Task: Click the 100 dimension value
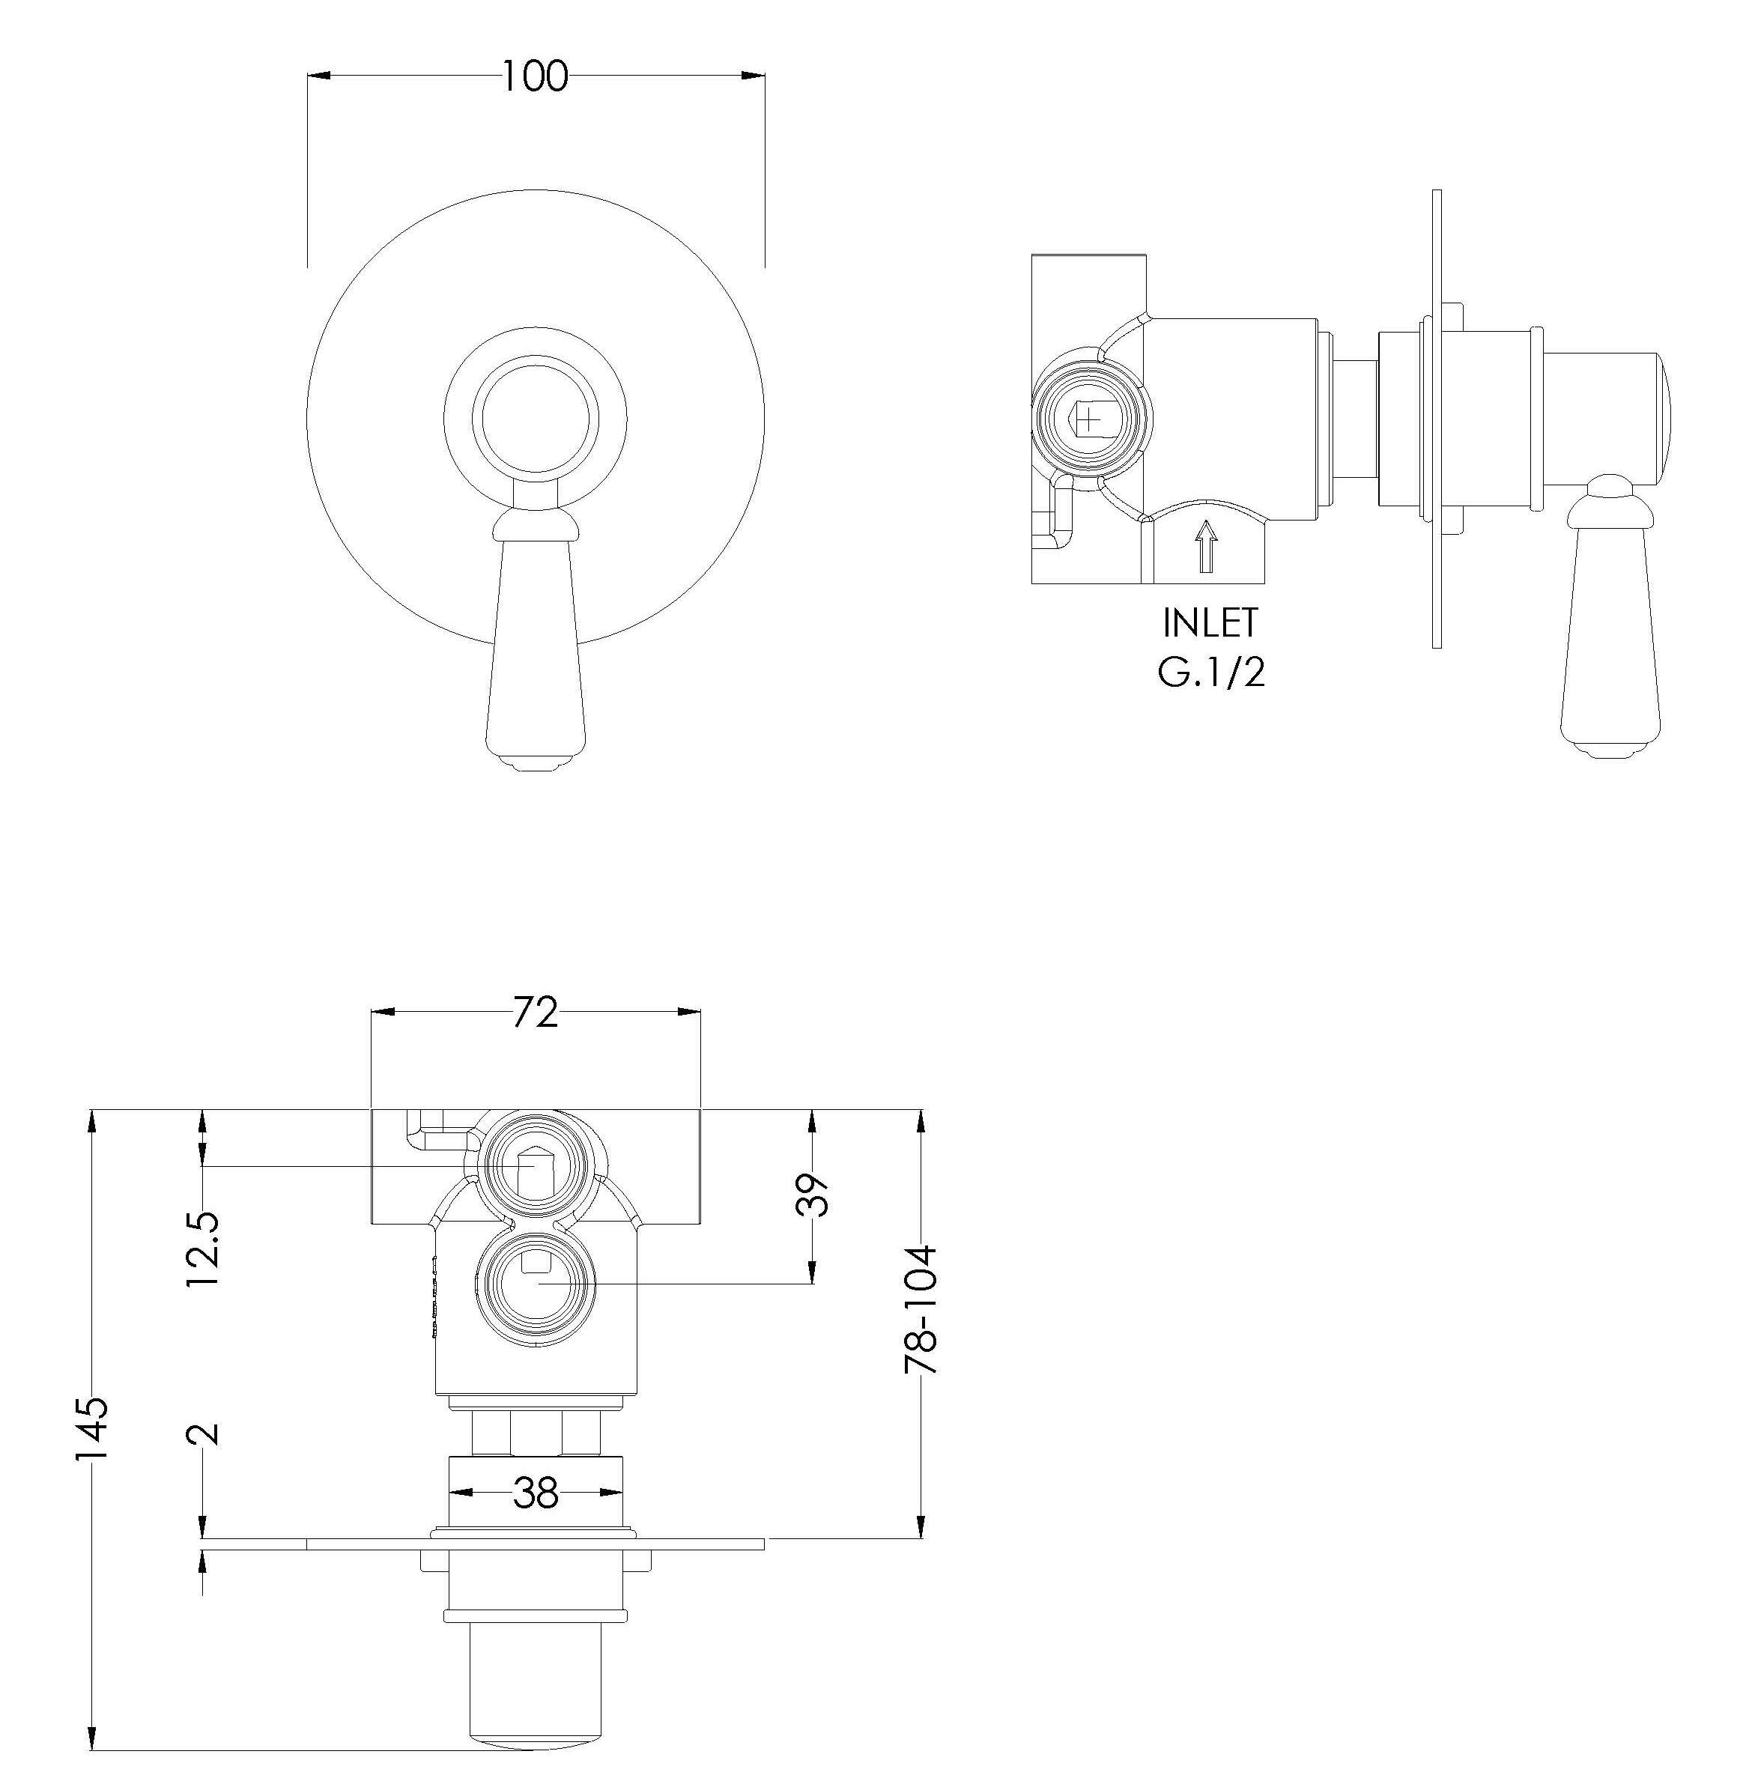click(535, 76)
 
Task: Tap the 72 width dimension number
click(535, 1013)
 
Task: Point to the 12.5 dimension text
click(202, 1248)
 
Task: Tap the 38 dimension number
click(536, 1494)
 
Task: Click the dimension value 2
click(203, 1433)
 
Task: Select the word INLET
click(1210, 623)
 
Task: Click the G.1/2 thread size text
click(1211, 673)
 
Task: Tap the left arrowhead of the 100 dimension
click(318, 76)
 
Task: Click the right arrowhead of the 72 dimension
click(689, 1012)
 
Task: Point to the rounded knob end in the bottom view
click(535, 1741)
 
